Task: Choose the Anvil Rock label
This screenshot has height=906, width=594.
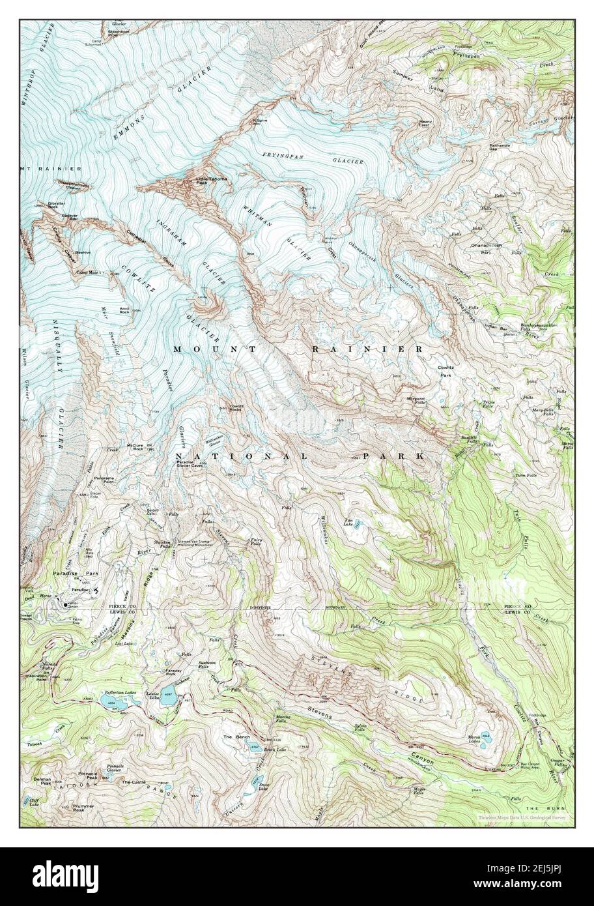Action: pos(124,311)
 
